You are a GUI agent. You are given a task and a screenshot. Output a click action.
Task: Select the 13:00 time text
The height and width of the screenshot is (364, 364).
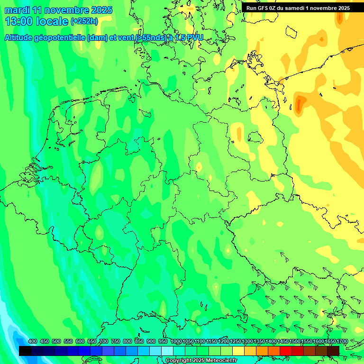click(x=18, y=21)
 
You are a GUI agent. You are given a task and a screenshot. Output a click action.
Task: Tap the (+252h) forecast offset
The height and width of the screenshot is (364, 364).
click(x=84, y=21)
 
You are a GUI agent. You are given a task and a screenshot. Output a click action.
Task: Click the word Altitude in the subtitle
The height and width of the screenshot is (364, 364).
click(x=22, y=38)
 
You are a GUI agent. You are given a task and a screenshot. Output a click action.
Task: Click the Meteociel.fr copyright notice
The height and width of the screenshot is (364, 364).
click(x=201, y=361)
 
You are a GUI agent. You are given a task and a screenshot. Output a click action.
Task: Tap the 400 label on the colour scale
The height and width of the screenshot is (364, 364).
click(x=33, y=342)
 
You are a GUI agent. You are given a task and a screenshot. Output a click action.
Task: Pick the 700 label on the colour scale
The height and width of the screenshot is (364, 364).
click(x=104, y=342)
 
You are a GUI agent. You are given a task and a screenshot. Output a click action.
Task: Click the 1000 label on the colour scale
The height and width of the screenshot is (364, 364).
click(x=176, y=342)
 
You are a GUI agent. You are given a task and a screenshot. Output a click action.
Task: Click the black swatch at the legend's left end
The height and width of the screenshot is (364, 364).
click(x=25, y=351)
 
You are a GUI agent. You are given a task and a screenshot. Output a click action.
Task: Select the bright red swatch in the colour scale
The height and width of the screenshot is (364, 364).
click(x=286, y=351)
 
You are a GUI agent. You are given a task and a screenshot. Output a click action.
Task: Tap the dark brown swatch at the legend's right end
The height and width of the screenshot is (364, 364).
click(x=333, y=351)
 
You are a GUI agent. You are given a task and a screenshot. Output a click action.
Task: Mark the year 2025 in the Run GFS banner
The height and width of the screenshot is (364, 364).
click(x=341, y=8)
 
